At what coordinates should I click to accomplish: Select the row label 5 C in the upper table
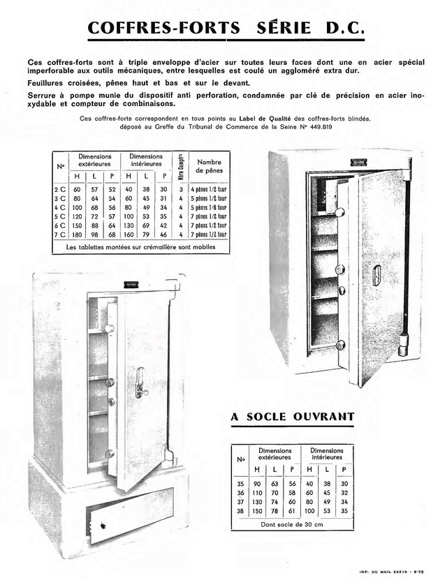[60, 216]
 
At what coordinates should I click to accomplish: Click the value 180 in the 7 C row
[77, 235]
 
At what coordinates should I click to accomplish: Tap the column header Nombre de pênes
[209, 165]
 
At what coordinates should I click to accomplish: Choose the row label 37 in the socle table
[242, 501]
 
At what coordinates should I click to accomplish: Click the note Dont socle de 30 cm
[293, 524]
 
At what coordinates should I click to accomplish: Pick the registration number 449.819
[353, 127]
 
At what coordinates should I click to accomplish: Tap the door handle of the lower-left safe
[140, 383]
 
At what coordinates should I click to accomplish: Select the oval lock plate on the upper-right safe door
[375, 274]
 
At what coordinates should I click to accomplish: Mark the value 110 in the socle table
[256, 491]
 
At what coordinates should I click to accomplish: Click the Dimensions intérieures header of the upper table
[146, 161]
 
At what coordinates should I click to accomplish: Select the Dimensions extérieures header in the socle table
[274, 454]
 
